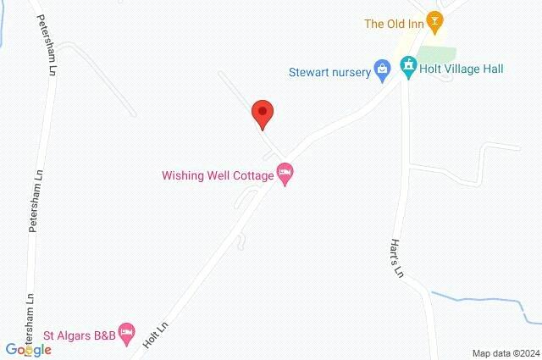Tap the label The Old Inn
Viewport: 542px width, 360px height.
click(393, 24)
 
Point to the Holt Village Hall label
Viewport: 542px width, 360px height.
click(462, 69)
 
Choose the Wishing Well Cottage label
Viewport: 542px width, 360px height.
click(218, 176)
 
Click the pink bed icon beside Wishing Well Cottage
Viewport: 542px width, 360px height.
click(285, 174)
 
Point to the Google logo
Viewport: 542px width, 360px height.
click(29, 349)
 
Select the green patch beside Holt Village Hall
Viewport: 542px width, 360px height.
click(438, 55)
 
